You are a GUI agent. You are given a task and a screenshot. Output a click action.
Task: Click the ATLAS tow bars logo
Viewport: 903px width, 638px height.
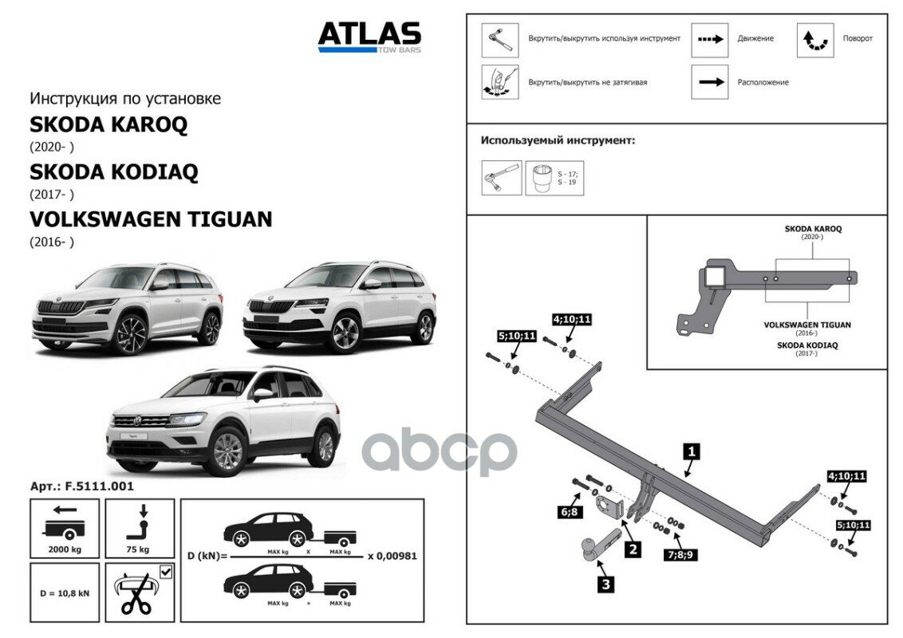[x=369, y=36]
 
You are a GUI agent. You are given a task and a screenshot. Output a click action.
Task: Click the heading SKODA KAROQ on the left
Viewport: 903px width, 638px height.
[x=108, y=125]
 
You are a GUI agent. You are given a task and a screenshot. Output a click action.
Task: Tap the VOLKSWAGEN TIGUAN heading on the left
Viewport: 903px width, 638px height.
[x=151, y=219]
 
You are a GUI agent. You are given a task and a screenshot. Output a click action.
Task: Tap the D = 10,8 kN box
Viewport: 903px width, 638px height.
[x=65, y=593]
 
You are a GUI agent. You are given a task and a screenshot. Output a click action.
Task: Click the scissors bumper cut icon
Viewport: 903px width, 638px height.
[x=138, y=593]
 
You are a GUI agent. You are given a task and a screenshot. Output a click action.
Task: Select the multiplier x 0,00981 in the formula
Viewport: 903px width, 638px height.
[x=392, y=556]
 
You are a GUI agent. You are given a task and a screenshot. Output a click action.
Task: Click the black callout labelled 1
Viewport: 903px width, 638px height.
[x=692, y=452]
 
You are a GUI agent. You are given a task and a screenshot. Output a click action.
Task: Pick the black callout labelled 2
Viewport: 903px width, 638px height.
[x=632, y=549]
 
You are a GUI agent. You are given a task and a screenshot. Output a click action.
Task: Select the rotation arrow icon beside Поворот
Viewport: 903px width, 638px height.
[x=815, y=40]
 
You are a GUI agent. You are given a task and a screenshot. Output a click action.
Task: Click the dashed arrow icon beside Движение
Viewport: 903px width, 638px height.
[x=709, y=39]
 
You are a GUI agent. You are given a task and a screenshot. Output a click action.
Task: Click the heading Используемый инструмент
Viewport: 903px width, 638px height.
[x=558, y=140]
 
